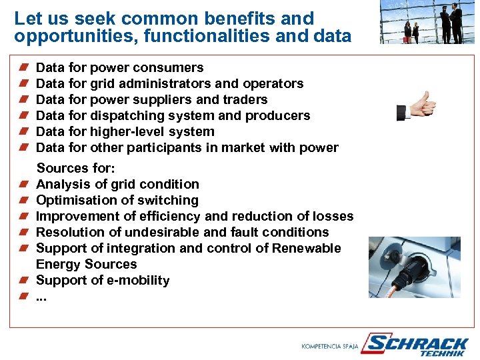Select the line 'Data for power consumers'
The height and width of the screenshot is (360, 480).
click(119, 67)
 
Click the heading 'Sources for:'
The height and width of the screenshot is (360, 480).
click(75, 168)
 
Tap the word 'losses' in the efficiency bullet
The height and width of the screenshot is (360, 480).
click(331, 216)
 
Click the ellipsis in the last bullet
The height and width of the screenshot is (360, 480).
click(41, 297)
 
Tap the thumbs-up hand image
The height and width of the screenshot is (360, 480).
click(417, 107)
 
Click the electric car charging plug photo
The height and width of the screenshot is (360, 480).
click(414, 267)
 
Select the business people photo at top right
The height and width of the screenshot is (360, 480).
click(427, 22)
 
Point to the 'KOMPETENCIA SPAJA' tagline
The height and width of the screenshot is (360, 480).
click(329, 347)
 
